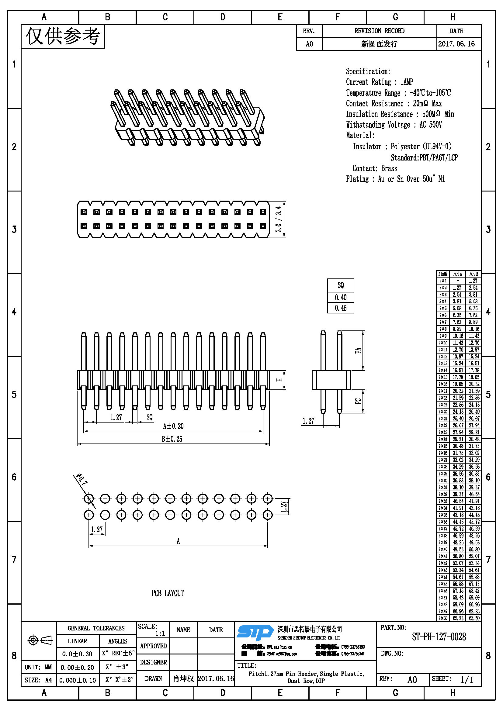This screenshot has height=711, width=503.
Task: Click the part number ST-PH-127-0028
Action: [x=439, y=637]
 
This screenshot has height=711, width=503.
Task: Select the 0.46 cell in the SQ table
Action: [x=340, y=308]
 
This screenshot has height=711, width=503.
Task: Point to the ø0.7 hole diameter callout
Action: [x=82, y=479]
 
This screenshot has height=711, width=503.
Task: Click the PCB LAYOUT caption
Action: [x=167, y=593]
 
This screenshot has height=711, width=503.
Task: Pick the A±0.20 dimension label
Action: [x=173, y=426]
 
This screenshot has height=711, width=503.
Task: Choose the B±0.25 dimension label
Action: [x=172, y=439]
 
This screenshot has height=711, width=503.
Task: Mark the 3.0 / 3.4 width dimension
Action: [x=279, y=219]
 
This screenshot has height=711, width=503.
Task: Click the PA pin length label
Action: [x=358, y=350]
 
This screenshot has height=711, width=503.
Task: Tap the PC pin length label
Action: [x=358, y=401]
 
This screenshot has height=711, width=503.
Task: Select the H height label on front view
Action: [x=279, y=380]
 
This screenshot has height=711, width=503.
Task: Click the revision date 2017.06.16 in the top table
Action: [x=456, y=44]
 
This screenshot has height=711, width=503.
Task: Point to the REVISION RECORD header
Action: [x=379, y=31]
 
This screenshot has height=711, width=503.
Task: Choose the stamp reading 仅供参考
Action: [x=63, y=36]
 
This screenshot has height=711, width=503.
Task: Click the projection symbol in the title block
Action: [x=40, y=640]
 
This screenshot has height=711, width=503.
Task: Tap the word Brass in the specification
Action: [x=389, y=168]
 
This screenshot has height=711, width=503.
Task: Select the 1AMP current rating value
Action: [x=407, y=82]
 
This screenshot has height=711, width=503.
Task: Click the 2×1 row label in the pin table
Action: [x=442, y=281]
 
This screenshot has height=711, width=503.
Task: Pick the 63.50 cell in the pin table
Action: [x=474, y=618]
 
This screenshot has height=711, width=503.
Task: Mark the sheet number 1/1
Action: [x=467, y=680]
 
